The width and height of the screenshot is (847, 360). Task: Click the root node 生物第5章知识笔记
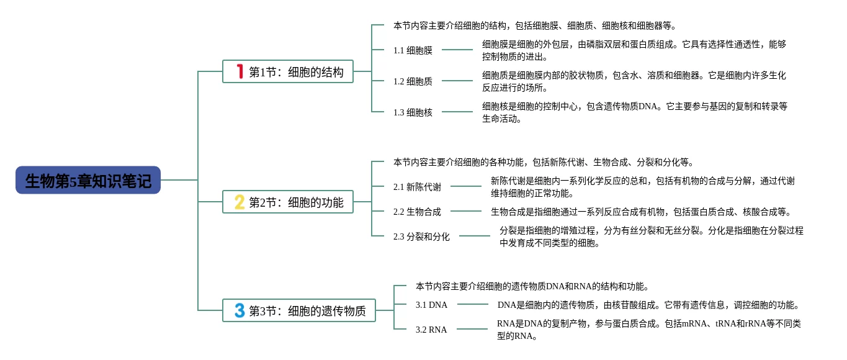[x=88, y=181]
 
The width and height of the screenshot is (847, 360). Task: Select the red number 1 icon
[x=240, y=71]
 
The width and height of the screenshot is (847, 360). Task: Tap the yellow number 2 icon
[x=240, y=202]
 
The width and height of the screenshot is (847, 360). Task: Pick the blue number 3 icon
[x=240, y=310]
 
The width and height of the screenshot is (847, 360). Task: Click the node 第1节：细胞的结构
[x=296, y=72]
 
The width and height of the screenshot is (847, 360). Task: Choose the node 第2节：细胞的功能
[x=296, y=202]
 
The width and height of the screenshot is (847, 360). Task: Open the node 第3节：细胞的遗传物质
[x=307, y=311]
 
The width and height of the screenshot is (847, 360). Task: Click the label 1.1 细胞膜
[x=413, y=50]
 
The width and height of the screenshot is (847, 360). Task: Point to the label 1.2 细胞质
[x=413, y=81]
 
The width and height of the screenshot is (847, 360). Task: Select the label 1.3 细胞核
[x=413, y=112]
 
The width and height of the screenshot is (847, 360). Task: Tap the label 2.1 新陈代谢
[x=417, y=187]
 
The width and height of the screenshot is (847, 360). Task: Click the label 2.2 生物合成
[x=417, y=212]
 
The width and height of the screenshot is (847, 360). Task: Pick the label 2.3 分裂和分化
[x=421, y=236]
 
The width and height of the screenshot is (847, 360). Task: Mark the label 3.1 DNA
[x=431, y=305]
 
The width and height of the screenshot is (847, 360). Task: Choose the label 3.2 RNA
[x=431, y=330]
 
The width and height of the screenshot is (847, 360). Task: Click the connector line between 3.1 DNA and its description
[x=472, y=304]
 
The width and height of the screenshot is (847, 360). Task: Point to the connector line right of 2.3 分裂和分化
[x=474, y=236]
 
